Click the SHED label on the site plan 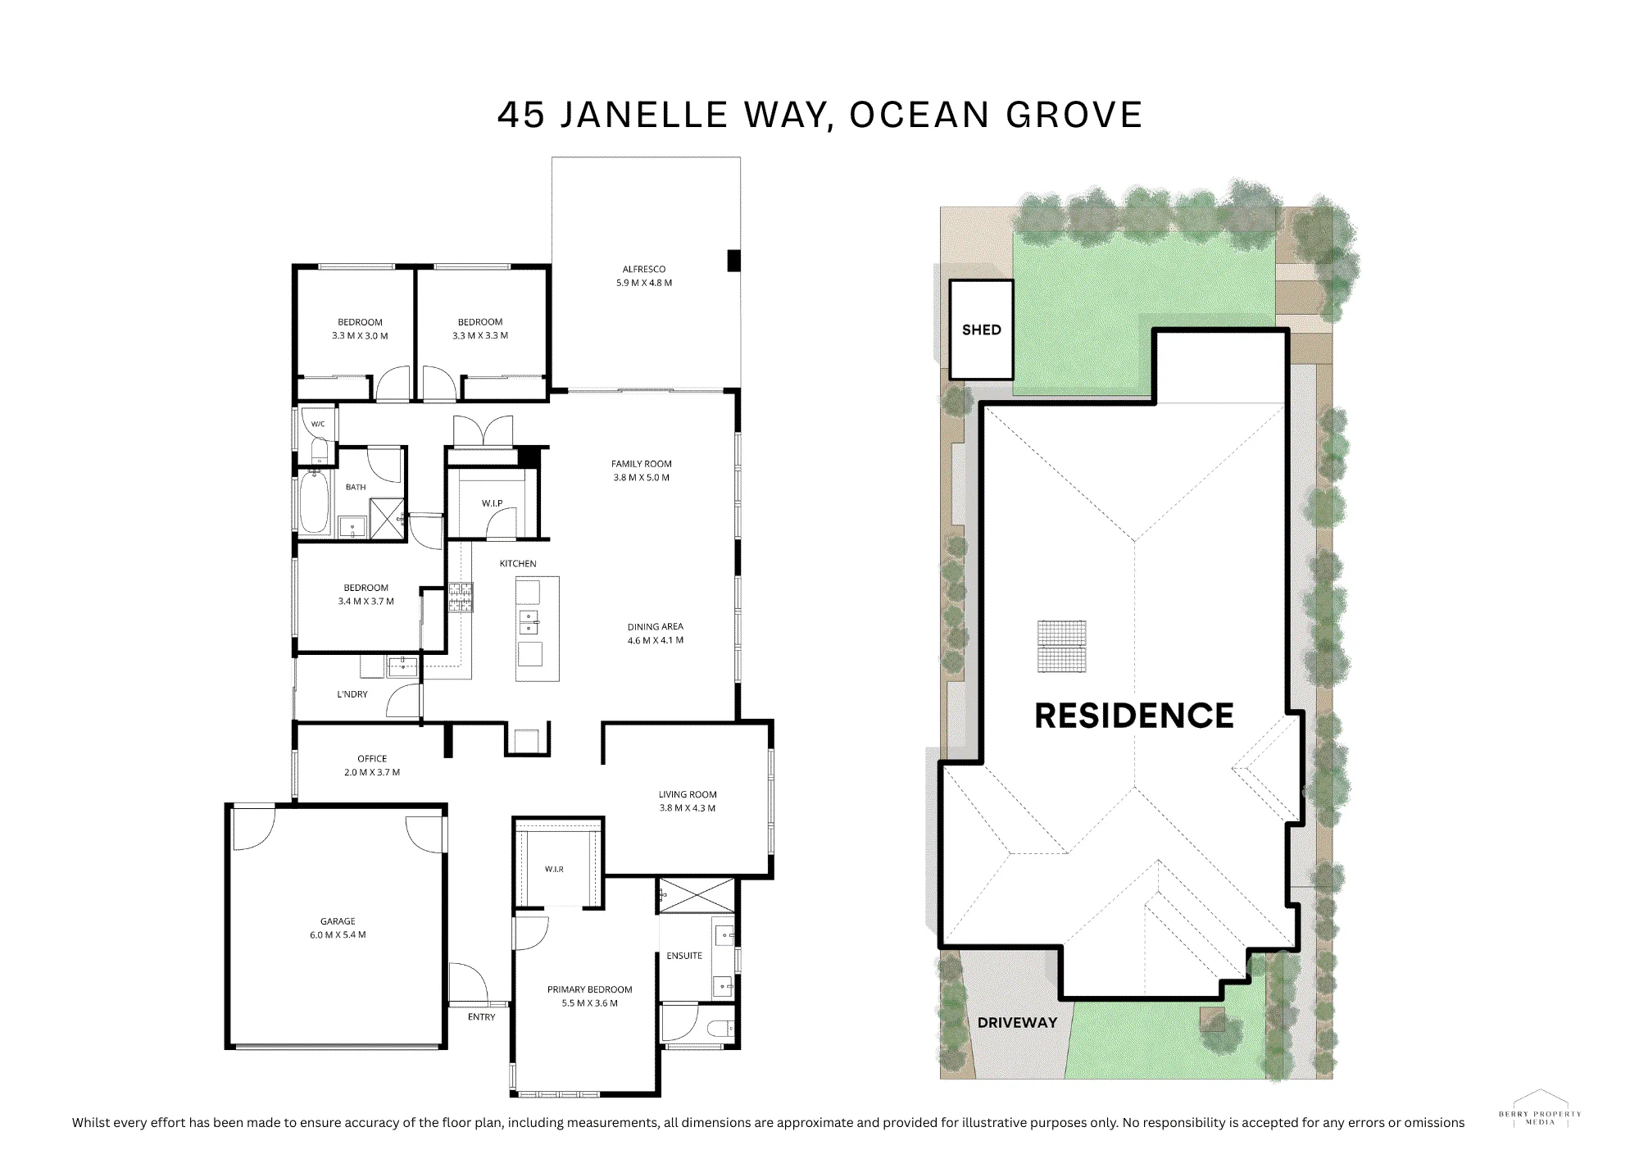coord(981,330)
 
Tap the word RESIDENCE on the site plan coord(1134,716)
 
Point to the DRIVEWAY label coord(1017,1022)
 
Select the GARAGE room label coord(338,921)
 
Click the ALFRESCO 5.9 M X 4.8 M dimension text coord(644,283)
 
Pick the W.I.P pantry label coord(492,503)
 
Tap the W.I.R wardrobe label coord(554,869)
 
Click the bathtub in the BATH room coord(314,503)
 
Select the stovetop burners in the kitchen coord(460,597)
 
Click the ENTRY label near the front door coord(482,1017)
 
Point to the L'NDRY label coord(352,694)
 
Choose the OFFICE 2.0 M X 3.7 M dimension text coord(372,772)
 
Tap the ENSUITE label coord(684,956)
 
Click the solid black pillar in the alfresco coord(733,260)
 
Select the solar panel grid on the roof coord(1062,647)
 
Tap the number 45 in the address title coord(521,116)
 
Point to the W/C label coord(318,424)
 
